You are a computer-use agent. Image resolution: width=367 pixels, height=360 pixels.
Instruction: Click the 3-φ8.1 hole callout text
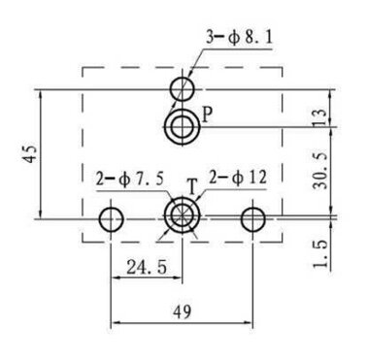coord(239,39)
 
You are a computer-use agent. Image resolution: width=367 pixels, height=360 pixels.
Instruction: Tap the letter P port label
coord(207,115)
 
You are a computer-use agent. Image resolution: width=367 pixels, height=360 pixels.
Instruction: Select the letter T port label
coord(192,187)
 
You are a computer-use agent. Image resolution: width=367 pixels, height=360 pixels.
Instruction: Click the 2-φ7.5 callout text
coord(130,180)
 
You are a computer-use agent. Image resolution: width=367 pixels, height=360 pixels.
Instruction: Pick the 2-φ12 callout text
coord(238,178)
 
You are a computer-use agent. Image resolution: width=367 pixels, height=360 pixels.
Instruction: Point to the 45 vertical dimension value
coord(30,153)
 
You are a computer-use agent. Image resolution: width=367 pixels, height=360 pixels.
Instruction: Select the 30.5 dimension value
coord(320,171)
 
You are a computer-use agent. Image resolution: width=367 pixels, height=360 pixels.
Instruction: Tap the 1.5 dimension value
coord(320,254)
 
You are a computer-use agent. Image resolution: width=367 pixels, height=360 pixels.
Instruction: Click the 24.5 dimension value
coord(147,267)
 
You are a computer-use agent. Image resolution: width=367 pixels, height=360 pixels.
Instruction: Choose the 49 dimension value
coord(182,311)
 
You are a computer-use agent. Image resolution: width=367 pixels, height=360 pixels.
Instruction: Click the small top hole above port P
coord(183,88)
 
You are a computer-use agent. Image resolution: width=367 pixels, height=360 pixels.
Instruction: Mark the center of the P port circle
coord(183,127)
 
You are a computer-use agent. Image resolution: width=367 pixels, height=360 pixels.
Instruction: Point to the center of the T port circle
coord(183,215)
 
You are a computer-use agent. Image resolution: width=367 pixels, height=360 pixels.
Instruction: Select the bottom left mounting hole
coord(111,219)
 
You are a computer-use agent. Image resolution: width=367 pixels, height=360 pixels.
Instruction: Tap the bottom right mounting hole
coord(253,219)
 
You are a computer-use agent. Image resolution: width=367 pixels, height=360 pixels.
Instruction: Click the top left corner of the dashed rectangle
coord(83,67)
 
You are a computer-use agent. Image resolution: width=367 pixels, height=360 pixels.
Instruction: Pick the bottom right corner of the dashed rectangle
coord(283,242)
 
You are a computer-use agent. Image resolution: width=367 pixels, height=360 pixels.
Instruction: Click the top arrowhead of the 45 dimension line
coord(41,94)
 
